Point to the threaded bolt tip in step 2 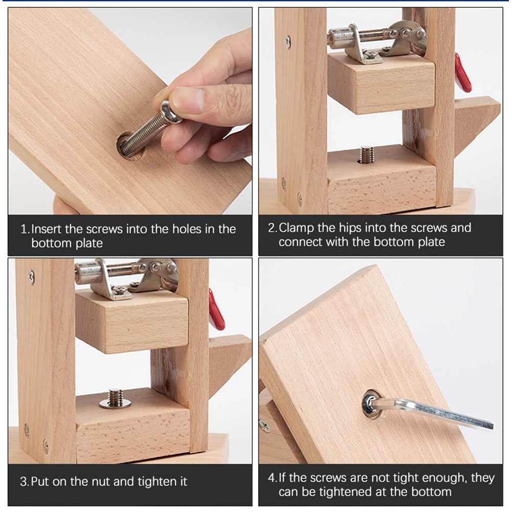[366, 153]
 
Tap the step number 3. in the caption [24, 481]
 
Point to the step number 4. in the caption [272, 478]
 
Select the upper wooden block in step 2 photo [381, 82]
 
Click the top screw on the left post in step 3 [31, 277]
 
